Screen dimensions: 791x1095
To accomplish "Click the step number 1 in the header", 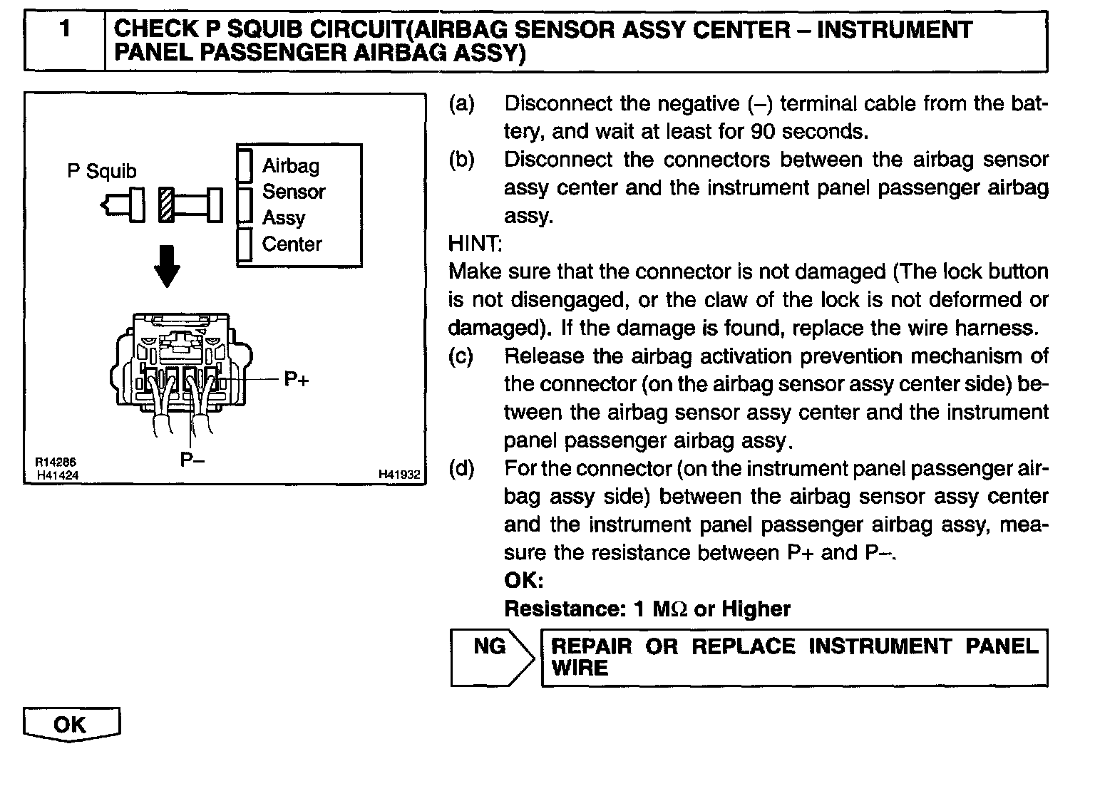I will [x=65, y=30].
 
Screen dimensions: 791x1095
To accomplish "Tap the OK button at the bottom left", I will [x=71, y=725].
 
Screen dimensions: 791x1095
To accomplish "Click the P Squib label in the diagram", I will [x=101, y=171].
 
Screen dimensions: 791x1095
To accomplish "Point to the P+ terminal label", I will [x=297, y=379].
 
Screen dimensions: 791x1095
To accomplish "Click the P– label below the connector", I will [x=192, y=460].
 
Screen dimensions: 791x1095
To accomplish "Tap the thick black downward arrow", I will [x=168, y=266].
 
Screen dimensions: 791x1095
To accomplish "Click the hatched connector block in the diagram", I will [x=166, y=205].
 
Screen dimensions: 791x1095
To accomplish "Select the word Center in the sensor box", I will [x=292, y=244].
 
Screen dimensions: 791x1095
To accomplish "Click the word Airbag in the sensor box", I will [x=291, y=166].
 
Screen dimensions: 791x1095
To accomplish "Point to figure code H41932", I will [x=399, y=474].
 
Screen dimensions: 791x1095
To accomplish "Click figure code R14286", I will [x=56, y=462].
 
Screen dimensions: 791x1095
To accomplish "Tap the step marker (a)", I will [x=461, y=104].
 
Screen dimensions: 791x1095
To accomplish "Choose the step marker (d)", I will [x=461, y=469].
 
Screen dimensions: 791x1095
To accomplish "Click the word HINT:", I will [x=475, y=244].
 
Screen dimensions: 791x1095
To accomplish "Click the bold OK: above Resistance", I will [x=523, y=581].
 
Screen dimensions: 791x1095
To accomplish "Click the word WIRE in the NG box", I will [x=580, y=668].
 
